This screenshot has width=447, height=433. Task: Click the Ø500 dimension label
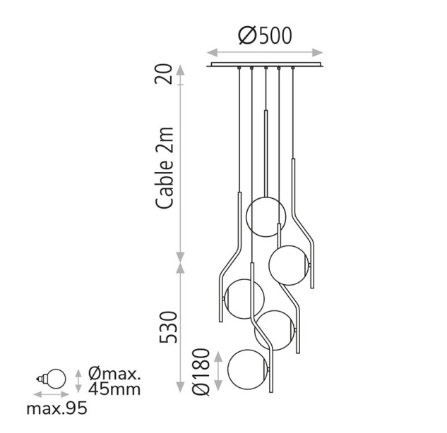pos(265,35)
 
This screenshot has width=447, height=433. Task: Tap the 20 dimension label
pos(164,74)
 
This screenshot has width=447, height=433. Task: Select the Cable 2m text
pos(165,168)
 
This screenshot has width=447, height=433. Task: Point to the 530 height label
pos(168,327)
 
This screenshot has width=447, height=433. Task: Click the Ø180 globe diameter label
pos(201,372)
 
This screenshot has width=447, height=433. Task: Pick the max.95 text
pos(56,409)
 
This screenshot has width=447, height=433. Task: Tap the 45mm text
pos(114,389)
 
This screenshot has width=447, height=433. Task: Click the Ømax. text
pos(114,374)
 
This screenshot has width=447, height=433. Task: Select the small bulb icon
pos(52,379)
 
